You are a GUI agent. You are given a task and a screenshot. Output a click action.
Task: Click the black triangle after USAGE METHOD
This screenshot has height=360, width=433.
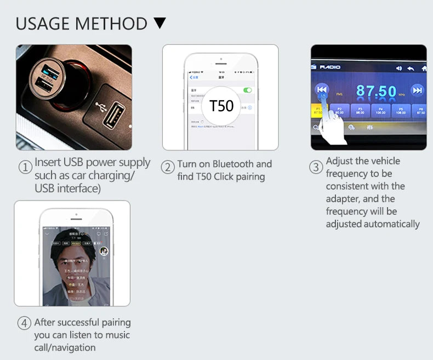[159, 24]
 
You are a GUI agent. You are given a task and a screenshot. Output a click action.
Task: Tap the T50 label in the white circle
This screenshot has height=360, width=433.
[221, 105]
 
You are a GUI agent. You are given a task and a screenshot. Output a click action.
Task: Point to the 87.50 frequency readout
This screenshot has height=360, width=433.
[376, 91]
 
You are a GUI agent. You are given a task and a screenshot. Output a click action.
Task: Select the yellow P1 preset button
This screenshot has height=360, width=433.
[318, 111]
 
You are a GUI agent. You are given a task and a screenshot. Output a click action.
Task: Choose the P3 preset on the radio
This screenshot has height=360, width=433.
[360, 111]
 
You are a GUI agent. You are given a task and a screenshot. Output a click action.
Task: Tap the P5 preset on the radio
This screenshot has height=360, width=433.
[401, 111]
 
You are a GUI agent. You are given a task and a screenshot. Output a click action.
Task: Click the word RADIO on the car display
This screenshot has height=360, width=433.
[330, 67]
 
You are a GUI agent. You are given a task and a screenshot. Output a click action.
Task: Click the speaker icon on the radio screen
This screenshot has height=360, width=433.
[398, 68]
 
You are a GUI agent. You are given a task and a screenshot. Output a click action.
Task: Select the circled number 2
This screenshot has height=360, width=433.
[168, 168]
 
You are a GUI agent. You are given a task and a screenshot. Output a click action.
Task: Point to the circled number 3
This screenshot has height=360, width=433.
[316, 167]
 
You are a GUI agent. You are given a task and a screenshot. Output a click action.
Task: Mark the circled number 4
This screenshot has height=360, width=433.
[24, 323]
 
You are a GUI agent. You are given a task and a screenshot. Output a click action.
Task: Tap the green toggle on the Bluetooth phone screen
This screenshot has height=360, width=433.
[248, 90]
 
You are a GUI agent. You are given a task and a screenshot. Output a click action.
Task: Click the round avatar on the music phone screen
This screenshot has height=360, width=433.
[104, 251]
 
